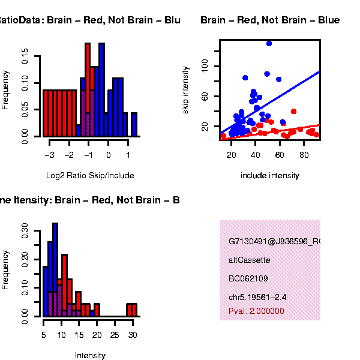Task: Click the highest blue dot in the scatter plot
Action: pyautogui.click(x=269, y=43)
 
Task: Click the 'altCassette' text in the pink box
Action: pyautogui.click(x=250, y=260)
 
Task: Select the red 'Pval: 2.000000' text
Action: pyautogui.click(x=256, y=311)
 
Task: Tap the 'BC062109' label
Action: pyautogui.click(x=248, y=278)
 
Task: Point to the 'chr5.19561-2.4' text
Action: pyautogui.click(x=257, y=297)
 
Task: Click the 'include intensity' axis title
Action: pyautogui.click(x=269, y=176)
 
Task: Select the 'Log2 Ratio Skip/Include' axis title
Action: pyautogui.click(x=90, y=176)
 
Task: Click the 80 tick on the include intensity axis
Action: pyautogui.click(x=304, y=155)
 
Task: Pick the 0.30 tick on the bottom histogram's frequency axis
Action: pyautogui.click(x=25, y=230)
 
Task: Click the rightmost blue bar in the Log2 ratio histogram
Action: pyautogui.click(x=134, y=124)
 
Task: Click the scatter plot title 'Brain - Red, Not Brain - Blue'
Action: pyautogui.click(x=270, y=20)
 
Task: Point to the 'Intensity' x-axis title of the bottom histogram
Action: pyautogui.click(x=90, y=355)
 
